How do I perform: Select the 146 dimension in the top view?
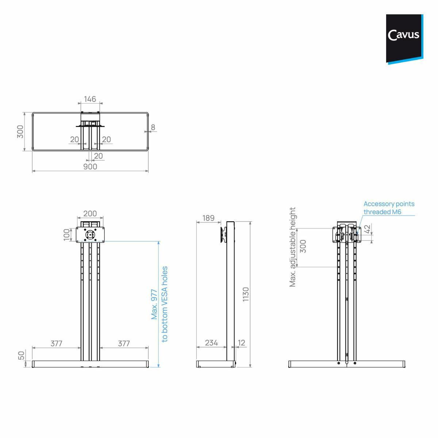point(90,99)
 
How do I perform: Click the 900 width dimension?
point(90,166)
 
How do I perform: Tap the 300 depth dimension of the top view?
point(20,131)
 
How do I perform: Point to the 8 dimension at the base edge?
point(153,127)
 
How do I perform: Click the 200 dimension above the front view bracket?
point(90,214)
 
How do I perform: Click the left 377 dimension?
point(56,343)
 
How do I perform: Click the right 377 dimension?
point(124,343)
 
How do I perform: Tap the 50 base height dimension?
point(22,355)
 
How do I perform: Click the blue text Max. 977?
point(154,304)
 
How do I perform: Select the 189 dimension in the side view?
point(208,218)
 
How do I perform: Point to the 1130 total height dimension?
point(246,294)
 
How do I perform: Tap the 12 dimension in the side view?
point(242,343)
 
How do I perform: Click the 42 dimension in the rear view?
point(368,229)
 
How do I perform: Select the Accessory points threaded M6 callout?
point(389,208)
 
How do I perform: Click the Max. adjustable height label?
point(292,247)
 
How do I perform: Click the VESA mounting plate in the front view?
point(90,235)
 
